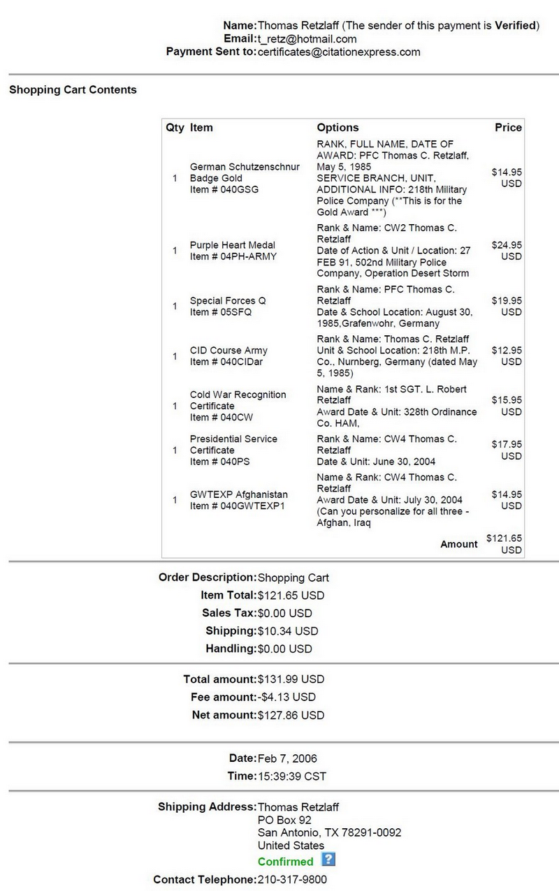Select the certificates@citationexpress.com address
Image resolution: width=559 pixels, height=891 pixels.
tap(339, 52)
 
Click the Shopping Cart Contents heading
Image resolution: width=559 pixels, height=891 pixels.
tap(73, 89)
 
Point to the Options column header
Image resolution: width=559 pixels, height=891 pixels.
tap(337, 128)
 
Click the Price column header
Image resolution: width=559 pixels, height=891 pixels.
tap(508, 128)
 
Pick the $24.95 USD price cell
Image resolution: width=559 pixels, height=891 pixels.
tap(507, 251)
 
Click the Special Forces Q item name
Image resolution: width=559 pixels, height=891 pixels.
tap(228, 301)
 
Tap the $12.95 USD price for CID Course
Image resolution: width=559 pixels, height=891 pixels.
tap(507, 356)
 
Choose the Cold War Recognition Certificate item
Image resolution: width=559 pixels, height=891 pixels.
tap(238, 400)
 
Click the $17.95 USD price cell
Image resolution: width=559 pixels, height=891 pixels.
tap(507, 450)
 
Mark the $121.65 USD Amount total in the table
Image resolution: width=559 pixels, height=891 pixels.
tap(504, 544)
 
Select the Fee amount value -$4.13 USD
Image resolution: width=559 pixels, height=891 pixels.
tap(286, 697)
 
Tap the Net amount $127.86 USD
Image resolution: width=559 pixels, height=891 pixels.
tap(291, 715)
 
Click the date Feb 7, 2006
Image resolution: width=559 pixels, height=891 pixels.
tap(287, 758)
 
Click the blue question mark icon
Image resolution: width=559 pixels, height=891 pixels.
tap(328, 860)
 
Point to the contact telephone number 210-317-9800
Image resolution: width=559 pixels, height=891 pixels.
tap(292, 879)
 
